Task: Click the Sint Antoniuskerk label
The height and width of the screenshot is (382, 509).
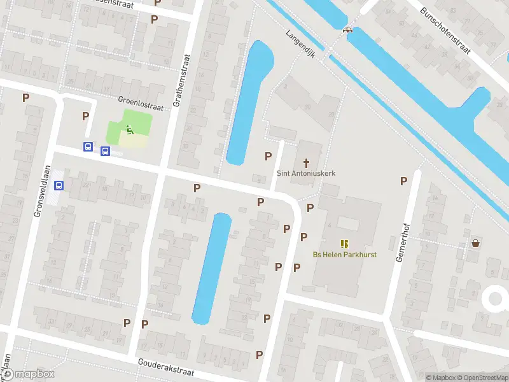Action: [306, 173]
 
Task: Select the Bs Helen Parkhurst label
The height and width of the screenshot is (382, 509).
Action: [344, 255]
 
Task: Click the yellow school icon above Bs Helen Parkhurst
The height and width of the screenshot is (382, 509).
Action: [344, 244]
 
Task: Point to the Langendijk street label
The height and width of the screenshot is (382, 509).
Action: [301, 43]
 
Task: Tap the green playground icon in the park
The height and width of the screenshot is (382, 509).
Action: [129, 131]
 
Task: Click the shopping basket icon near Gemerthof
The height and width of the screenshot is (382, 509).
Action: [475, 243]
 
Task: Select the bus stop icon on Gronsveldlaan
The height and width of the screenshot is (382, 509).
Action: [59, 185]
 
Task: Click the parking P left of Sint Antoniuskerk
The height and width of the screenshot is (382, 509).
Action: [268, 156]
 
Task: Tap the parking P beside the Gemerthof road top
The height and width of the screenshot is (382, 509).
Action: [403, 181]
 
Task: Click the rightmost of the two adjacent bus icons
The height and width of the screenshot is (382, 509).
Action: [105, 151]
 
